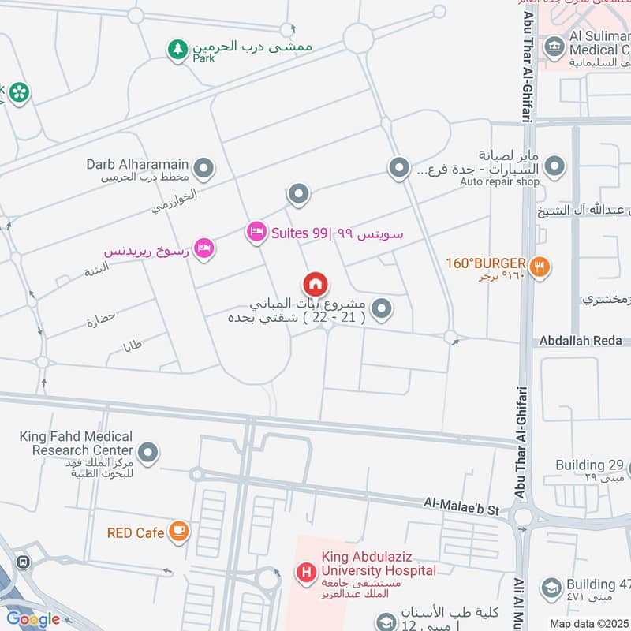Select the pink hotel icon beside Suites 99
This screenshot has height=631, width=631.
pyautogui.click(x=256, y=232)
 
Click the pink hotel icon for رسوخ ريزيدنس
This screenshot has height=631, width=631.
pyautogui.click(x=204, y=248)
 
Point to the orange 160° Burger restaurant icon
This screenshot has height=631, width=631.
pyautogui.click(x=540, y=267)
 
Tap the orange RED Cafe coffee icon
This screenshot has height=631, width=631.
pyautogui.click(x=179, y=531)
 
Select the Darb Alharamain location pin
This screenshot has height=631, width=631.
pyautogui.click(x=204, y=167)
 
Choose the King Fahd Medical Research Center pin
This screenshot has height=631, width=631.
pyautogui.click(x=147, y=453)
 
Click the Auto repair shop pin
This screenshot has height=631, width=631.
pyautogui.click(x=555, y=166)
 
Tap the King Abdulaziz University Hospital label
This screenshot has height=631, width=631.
pyautogui.click(x=378, y=563)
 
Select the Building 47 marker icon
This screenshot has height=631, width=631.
pyautogui.click(x=550, y=588)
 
